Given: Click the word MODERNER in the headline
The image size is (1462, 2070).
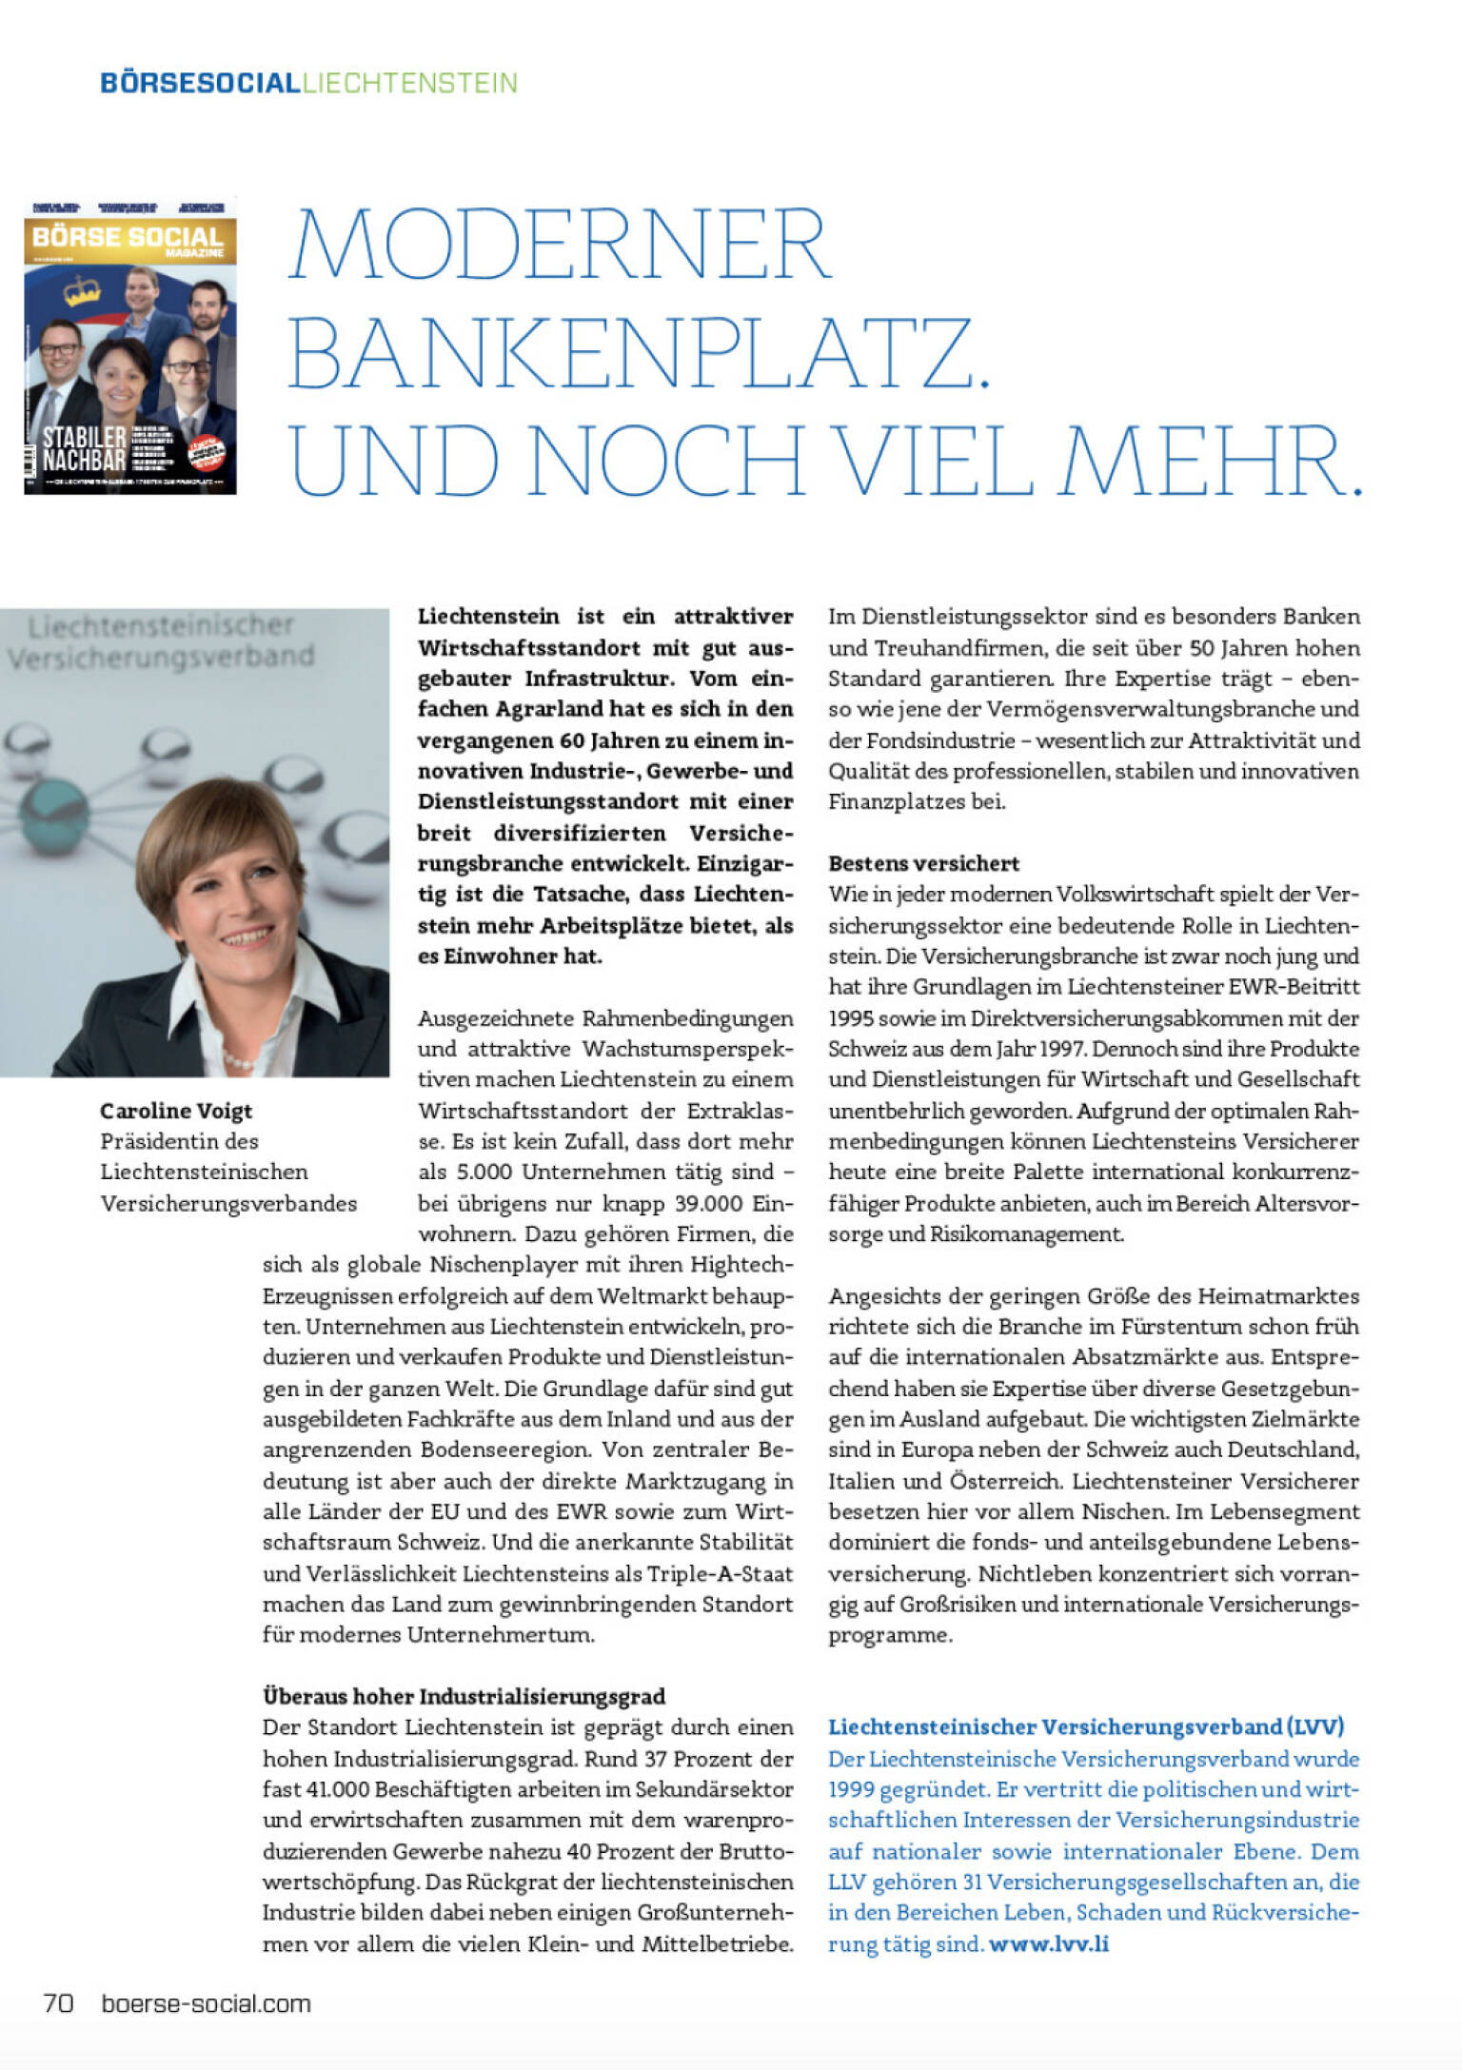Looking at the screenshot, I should pos(561,244).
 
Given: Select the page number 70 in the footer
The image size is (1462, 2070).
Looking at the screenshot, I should pos(59,2003).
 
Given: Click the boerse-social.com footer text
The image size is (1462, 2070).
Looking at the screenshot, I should pos(206,2003).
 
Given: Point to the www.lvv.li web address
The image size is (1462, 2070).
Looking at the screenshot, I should pos(1049,1943).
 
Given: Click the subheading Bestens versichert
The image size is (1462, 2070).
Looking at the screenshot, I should pos(923,863).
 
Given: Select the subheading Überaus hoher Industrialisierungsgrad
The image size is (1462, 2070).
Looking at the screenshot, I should pos(464,1696).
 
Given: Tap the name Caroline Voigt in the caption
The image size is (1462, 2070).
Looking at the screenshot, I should pos(176,1111).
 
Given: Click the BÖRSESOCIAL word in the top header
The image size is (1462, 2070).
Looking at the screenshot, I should pos(200,83).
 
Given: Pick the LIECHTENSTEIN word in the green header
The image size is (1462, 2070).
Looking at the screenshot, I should pos(409,83).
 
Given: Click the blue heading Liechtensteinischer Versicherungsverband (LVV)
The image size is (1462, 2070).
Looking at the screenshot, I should pos(1086,1726).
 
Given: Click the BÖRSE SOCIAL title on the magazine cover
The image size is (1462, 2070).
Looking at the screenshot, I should pos(128,238).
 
